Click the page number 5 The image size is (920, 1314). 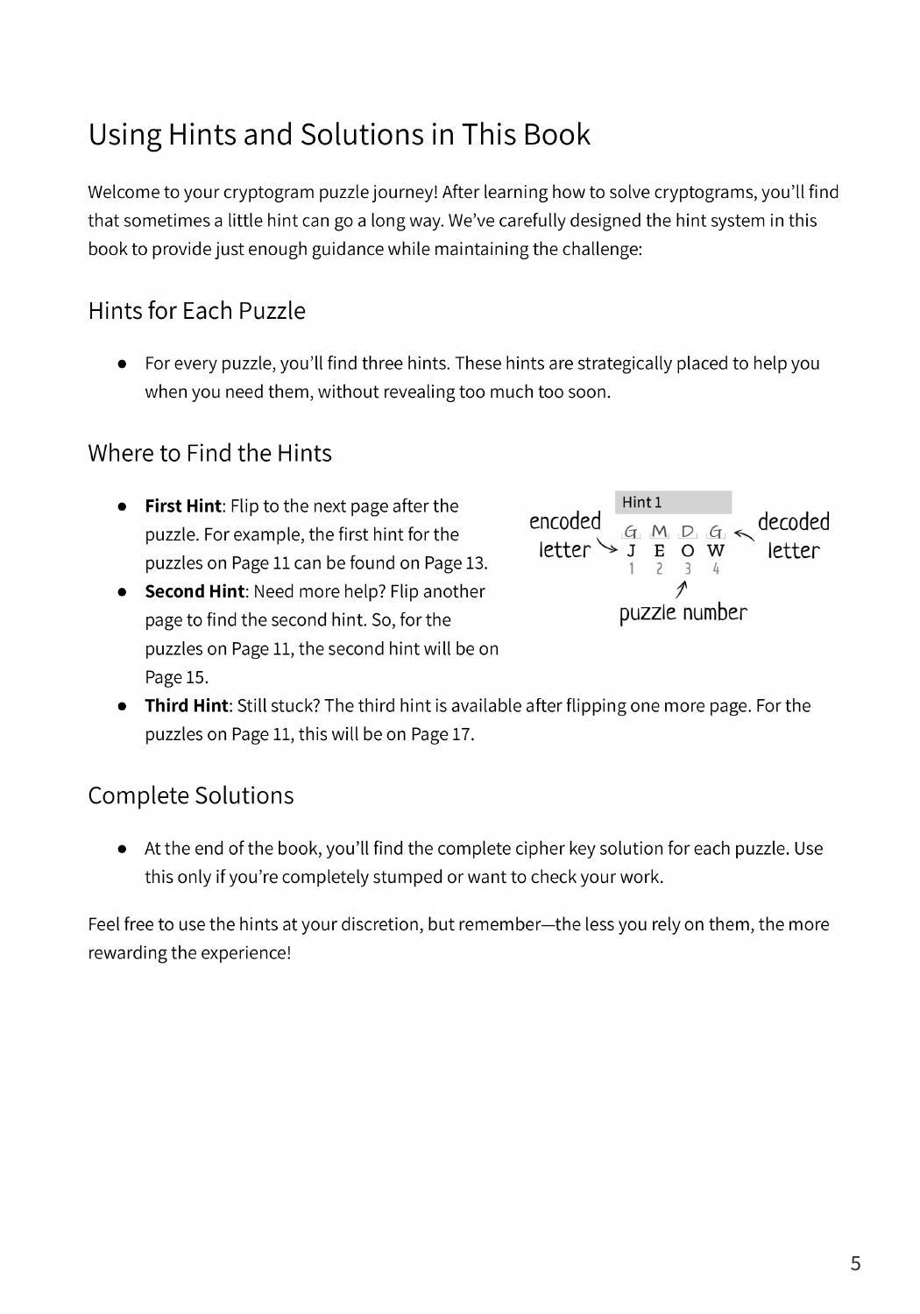[x=855, y=1263]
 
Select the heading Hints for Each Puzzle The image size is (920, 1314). [x=196, y=311]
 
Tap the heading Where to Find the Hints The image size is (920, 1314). [x=209, y=453]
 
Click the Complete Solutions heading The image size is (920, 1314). [x=190, y=795]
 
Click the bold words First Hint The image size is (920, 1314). [x=182, y=506]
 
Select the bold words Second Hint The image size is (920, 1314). [x=194, y=591]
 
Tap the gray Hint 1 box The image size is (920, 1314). [x=673, y=502]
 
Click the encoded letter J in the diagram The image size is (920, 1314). [x=631, y=551]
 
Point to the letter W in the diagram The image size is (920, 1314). [x=716, y=551]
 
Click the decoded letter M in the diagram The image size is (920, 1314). [x=660, y=532]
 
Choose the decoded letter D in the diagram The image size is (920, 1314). [x=688, y=532]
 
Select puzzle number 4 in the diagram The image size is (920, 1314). [x=716, y=569]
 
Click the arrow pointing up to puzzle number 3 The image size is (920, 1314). [x=681, y=590]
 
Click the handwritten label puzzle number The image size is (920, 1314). [x=683, y=612]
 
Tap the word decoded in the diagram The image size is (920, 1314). [x=793, y=522]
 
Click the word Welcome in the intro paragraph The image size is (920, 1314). [x=121, y=192]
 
